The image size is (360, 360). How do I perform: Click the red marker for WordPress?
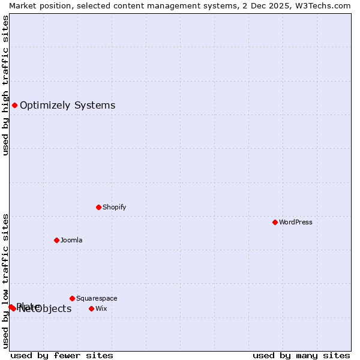pyautogui.click(x=275, y=222)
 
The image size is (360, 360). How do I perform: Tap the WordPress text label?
pyautogui.click(x=296, y=222)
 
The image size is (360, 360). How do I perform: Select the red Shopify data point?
pyautogui.click(x=98, y=207)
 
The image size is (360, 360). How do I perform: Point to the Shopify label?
pyautogui.click(x=114, y=207)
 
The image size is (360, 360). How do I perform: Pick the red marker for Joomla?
pyautogui.click(x=56, y=240)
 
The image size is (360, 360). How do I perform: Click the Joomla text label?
pyautogui.click(x=71, y=240)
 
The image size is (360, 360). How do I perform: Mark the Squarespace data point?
pyautogui.click(x=72, y=298)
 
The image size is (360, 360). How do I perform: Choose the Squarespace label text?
pyautogui.click(x=97, y=298)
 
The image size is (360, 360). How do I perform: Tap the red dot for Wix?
pyautogui.click(x=91, y=308)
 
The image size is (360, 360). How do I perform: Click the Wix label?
pyautogui.click(x=101, y=308)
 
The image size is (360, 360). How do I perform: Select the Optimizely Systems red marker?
pyautogui.click(x=14, y=106)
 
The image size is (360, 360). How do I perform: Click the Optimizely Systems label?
pyautogui.click(x=67, y=106)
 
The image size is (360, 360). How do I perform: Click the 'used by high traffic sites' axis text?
pyautogui.click(x=5, y=85)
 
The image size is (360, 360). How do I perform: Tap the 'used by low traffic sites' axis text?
pyautogui.click(x=5, y=280)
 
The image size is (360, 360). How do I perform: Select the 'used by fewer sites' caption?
pyautogui.click(x=62, y=355)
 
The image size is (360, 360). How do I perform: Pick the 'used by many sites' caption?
pyautogui.click(x=301, y=355)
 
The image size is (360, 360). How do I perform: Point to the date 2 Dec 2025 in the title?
pyautogui.click(x=268, y=5)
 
